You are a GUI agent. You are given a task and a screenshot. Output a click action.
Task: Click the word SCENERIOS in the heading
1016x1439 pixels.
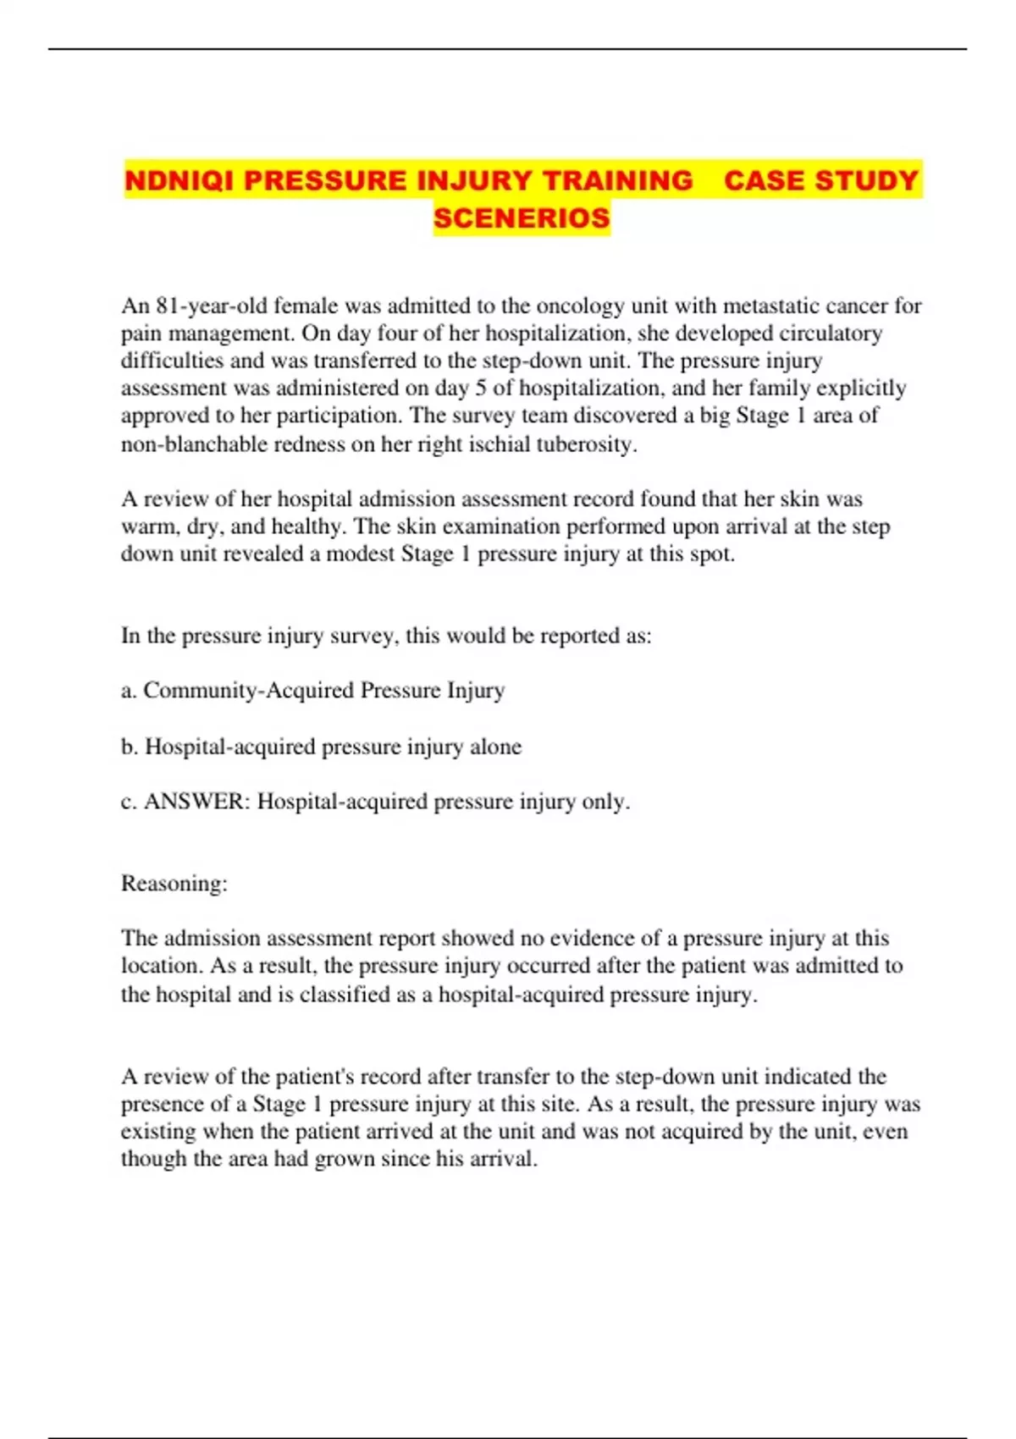click(x=522, y=218)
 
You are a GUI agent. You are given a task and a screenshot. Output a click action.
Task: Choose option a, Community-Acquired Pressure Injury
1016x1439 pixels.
click(x=313, y=691)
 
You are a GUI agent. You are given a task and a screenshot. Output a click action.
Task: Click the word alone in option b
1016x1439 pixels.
click(x=495, y=747)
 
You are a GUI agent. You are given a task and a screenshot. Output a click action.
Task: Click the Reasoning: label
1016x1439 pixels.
click(x=174, y=884)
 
